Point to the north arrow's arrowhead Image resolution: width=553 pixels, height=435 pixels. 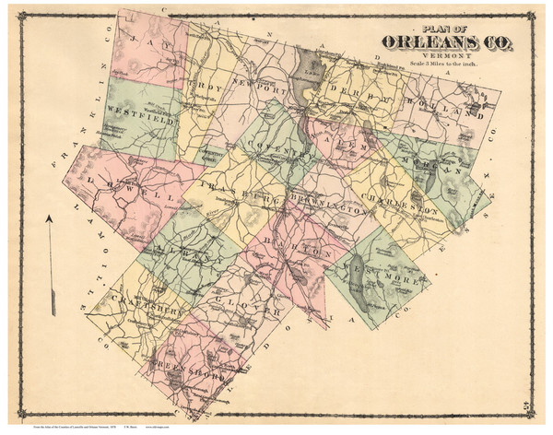coord(49,218)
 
